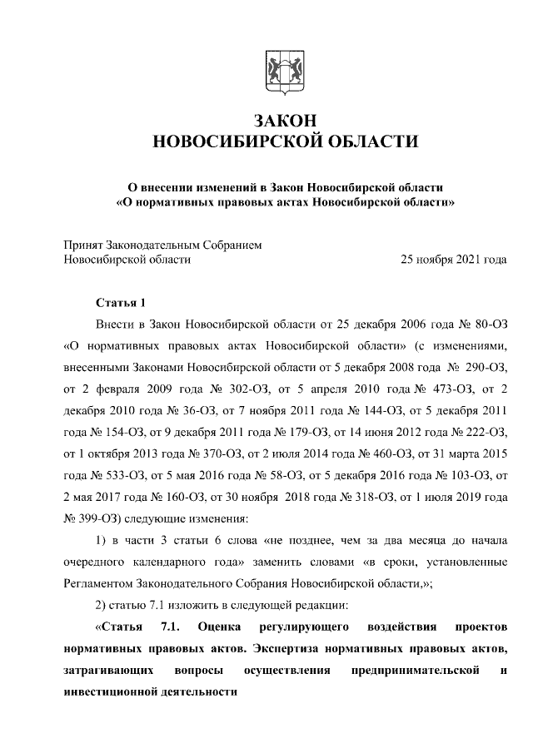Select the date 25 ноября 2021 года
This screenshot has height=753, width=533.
454,260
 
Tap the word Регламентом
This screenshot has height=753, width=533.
101,583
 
